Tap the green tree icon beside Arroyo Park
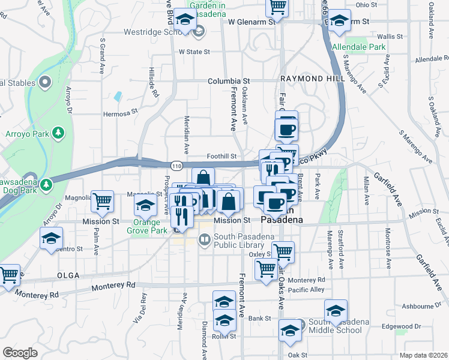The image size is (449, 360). click(x=58, y=132)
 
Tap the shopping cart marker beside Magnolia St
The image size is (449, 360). click(x=103, y=202)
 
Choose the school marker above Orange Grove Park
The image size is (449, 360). click(x=145, y=207)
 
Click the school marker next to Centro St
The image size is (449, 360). click(x=52, y=238)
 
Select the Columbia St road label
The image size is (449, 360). click(x=229, y=81)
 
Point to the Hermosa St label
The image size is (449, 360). click(x=121, y=112)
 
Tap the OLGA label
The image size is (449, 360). click(x=68, y=275)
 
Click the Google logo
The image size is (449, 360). click(x=19, y=353)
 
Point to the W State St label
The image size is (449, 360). click(x=194, y=52)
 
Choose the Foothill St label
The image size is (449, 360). click(x=221, y=156)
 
